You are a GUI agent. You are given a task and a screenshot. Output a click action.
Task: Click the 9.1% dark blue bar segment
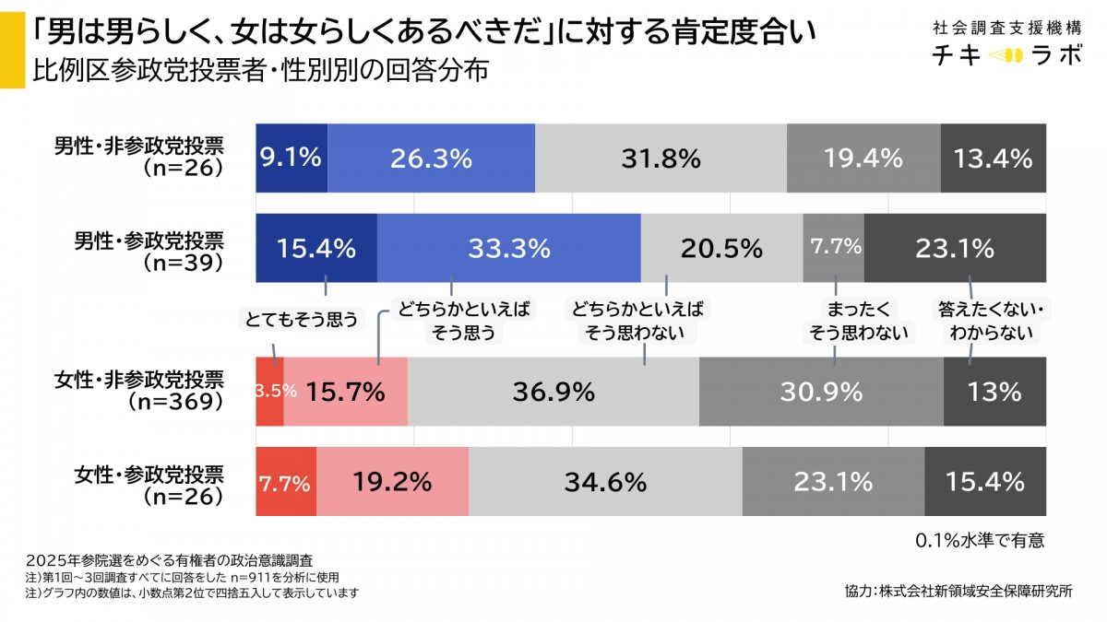291,158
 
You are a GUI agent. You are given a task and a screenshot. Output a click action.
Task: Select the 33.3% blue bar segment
508,248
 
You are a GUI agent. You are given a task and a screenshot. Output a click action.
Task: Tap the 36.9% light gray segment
553,392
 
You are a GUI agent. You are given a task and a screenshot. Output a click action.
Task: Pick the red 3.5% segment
269,392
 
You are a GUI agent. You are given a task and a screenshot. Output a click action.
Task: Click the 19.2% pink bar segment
393,481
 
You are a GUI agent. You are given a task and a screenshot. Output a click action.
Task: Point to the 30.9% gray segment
821,392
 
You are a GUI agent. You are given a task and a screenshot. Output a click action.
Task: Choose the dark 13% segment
994,392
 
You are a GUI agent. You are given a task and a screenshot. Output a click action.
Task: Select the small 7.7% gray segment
834,248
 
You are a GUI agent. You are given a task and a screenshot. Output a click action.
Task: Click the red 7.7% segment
285,481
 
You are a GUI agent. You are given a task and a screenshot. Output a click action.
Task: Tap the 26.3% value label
431,158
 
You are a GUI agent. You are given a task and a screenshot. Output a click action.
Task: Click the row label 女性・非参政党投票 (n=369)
148,391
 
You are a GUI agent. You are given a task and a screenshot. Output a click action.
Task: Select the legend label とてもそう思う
300,320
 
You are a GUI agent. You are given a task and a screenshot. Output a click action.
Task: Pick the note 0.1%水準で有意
980,539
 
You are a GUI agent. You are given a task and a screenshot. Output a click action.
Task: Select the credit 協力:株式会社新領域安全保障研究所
958,591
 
